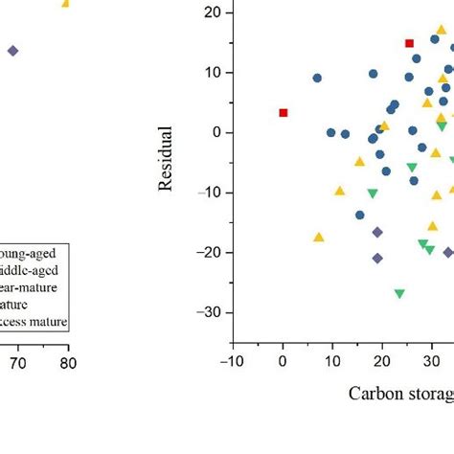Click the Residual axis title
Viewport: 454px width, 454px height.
click(x=166, y=158)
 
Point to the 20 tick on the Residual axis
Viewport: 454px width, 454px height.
click(x=213, y=12)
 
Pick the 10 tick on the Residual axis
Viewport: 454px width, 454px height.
click(x=213, y=73)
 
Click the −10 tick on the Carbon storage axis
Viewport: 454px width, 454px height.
click(x=231, y=361)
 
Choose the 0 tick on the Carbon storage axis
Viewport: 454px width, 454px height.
click(x=283, y=361)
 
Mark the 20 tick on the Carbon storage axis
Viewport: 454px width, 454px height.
click(x=381, y=361)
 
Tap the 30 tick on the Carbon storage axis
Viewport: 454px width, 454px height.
click(x=431, y=361)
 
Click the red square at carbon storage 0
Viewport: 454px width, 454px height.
click(x=283, y=113)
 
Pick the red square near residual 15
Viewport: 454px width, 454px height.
click(x=409, y=43)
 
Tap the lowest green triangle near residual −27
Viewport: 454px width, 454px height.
click(x=399, y=294)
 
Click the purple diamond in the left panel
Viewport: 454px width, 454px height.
click(x=12, y=51)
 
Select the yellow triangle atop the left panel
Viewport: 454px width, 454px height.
click(x=66, y=4)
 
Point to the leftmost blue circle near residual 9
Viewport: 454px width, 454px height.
click(x=317, y=79)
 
